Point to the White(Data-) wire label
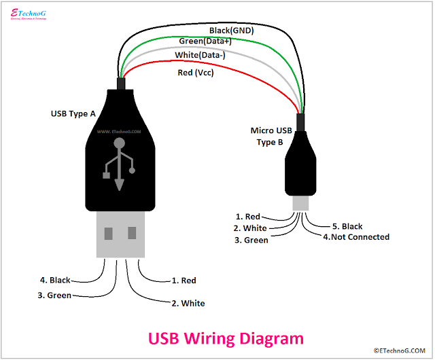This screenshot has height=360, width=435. [x=202, y=56]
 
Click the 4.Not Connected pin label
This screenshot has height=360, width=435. [x=355, y=237]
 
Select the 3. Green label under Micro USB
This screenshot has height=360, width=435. [x=250, y=240]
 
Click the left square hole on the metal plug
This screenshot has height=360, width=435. [x=109, y=234]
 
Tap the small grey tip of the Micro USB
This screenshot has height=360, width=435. [x=300, y=203]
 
